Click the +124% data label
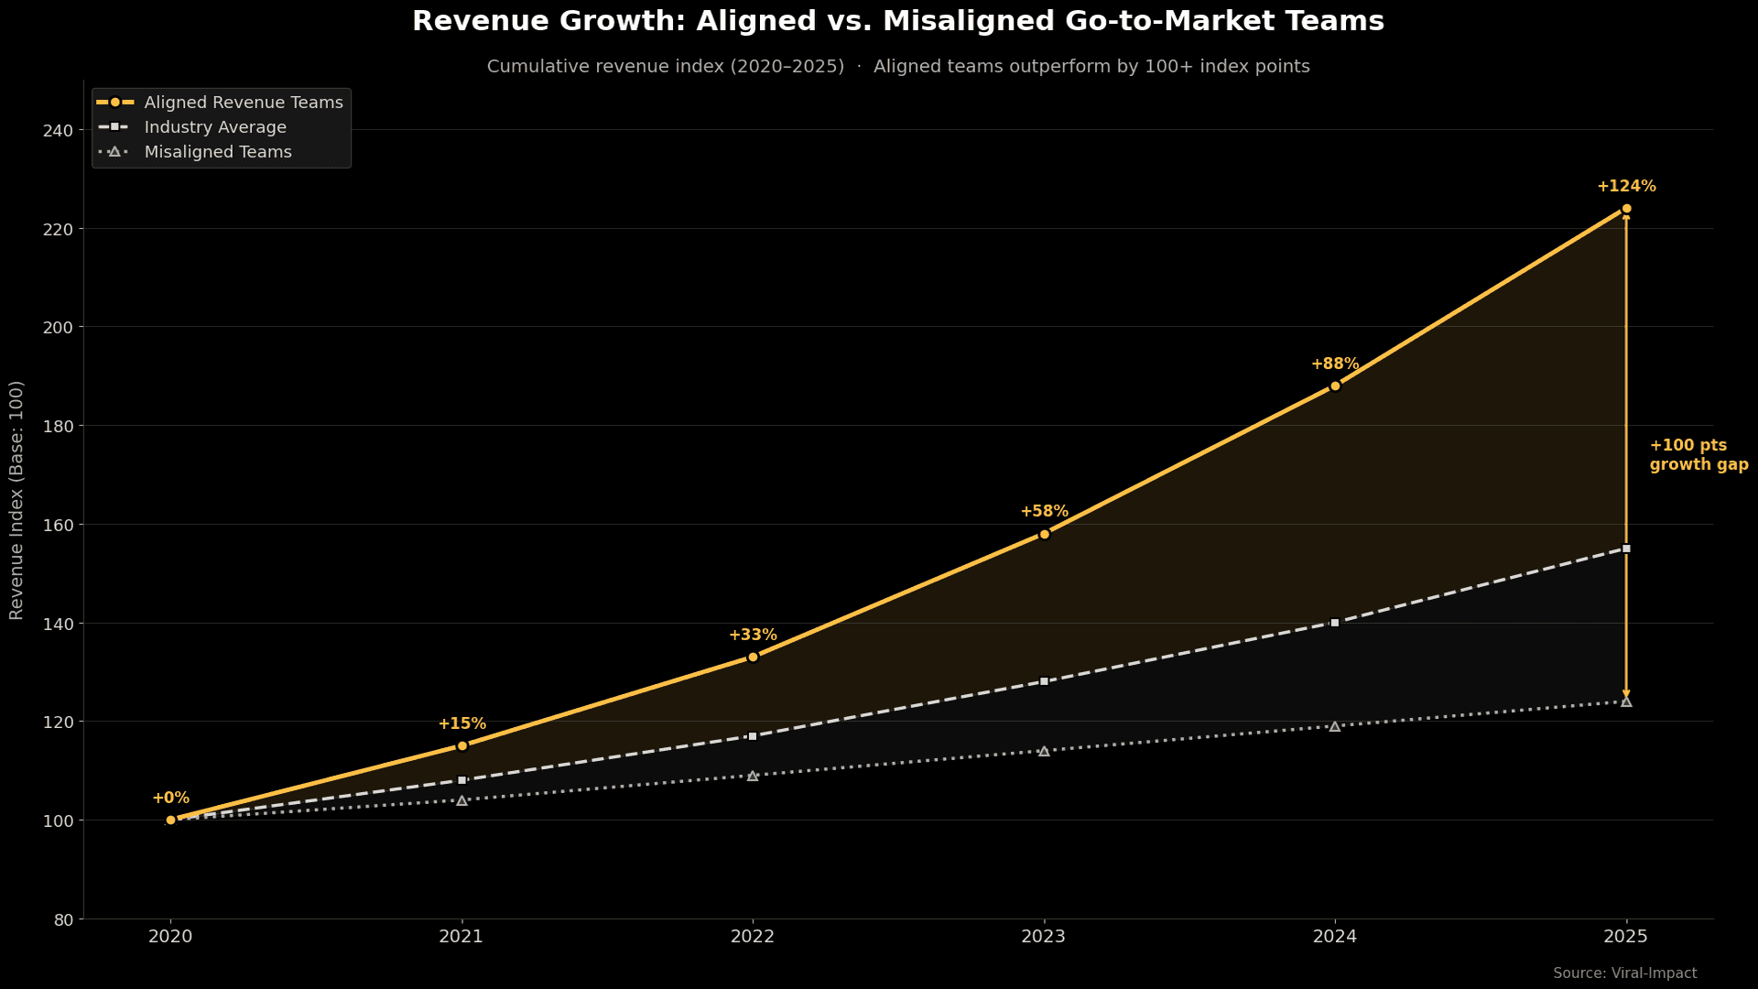1626,187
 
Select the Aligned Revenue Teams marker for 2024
1335,386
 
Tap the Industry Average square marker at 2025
1626,549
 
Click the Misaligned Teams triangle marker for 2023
1044,751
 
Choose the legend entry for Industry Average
215,127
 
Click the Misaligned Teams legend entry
218,152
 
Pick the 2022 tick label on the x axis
753,937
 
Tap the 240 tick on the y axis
58,131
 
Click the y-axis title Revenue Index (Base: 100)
16,500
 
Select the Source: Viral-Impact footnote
1624,973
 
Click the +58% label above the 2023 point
1044,512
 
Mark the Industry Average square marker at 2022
753,736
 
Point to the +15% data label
461,724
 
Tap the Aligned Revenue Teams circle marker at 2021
461,746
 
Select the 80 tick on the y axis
63,919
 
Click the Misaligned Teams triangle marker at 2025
1626,702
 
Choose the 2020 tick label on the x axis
170,937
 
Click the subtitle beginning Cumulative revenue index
897,67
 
